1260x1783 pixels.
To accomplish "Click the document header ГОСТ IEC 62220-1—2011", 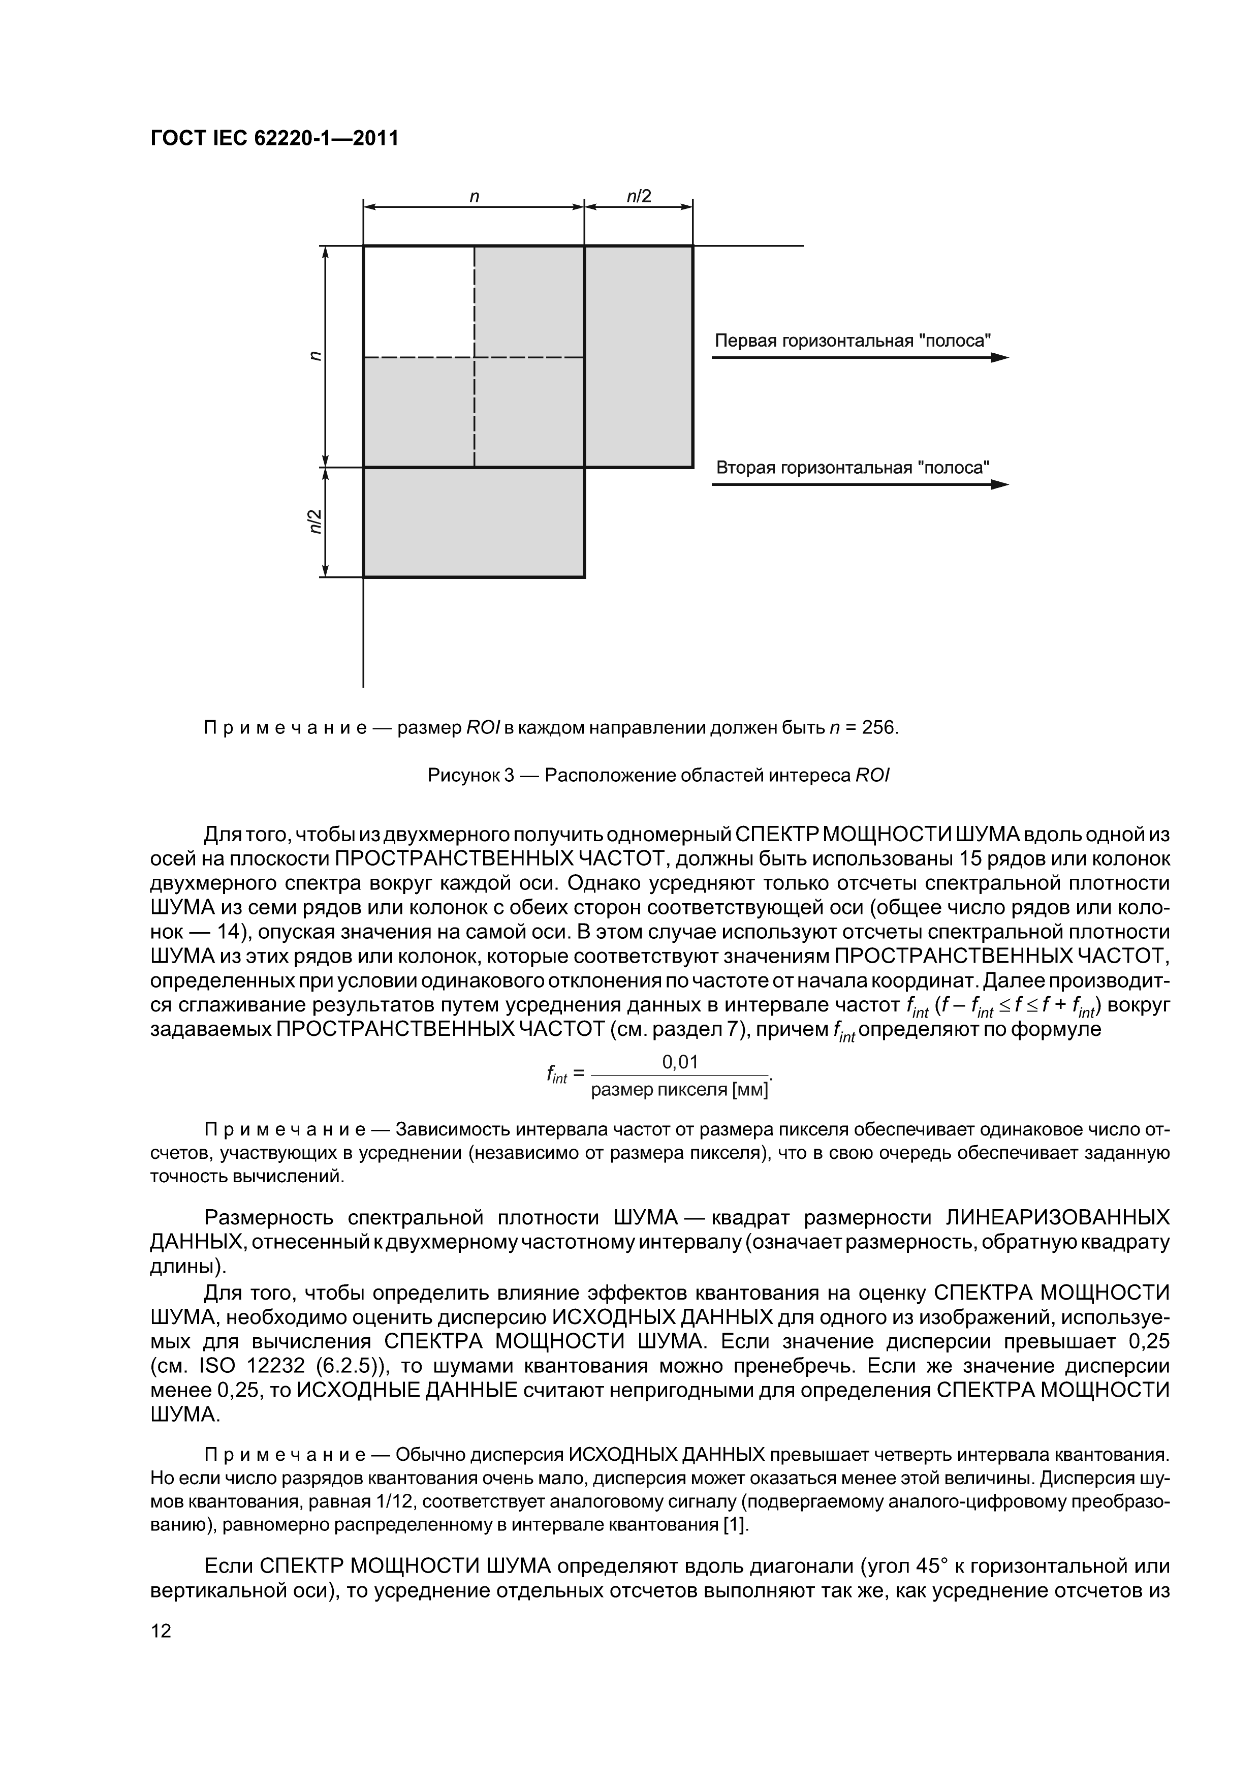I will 274,138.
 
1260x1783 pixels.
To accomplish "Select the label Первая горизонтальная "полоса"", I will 853,341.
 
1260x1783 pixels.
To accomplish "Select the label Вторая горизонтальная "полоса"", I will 853,468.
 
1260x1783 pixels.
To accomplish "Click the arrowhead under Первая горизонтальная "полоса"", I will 1000,358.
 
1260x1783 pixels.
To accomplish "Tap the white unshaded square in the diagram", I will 419,301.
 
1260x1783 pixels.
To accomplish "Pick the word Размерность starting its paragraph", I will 268,1217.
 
